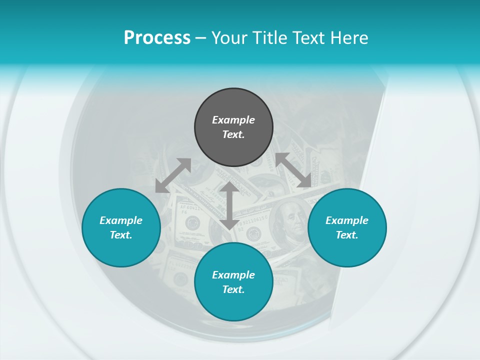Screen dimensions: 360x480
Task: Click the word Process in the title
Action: coord(157,38)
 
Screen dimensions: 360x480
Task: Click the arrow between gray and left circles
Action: coord(173,175)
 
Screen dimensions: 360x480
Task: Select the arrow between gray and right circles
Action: coord(293,170)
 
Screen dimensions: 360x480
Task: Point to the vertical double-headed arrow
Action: coord(229,205)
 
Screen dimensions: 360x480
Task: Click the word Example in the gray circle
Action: coord(233,120)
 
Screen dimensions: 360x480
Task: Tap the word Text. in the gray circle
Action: coord(233,134)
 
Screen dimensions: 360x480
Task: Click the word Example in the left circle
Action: coord(121,220)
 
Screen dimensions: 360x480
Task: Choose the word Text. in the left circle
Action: coord(121,235)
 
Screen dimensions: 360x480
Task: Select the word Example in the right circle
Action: coord(347,220)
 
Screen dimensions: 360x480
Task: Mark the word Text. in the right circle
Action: coord(347,235)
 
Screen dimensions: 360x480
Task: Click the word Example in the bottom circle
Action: coord(233,275)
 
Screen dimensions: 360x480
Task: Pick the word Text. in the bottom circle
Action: coord(233,289)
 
